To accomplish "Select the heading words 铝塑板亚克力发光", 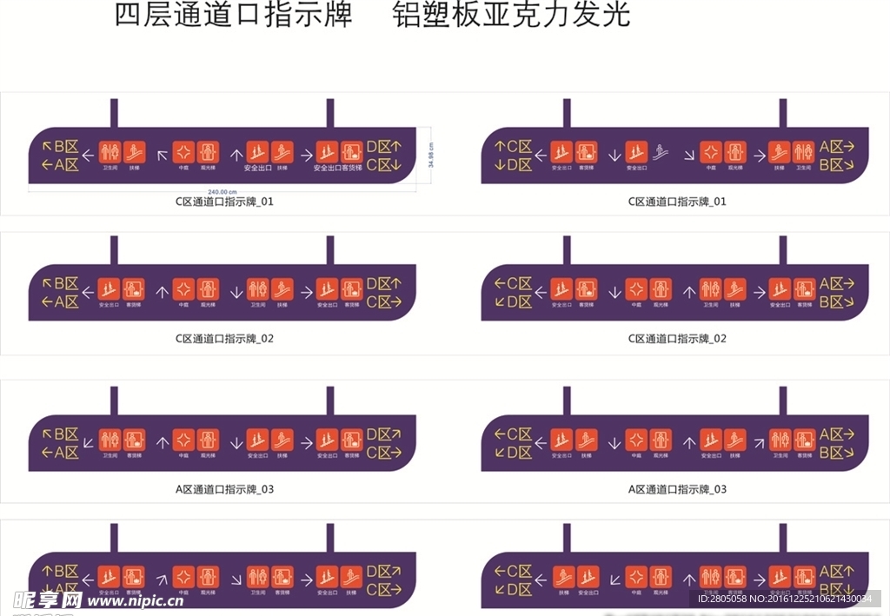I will (x=511, y=15).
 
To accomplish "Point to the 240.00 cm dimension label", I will (x=222, y=191).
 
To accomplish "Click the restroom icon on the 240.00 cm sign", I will (x=110, y=150).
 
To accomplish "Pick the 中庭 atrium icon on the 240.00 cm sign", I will (x=183, y=150).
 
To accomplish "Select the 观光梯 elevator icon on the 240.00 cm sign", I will (x=207, y=150).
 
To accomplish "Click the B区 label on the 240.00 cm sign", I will (x=66, y=146).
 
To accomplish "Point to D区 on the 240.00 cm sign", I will (x=379, y=146).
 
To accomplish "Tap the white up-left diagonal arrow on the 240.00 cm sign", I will (x=162, y=155).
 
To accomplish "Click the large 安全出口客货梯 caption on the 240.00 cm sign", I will (x=339, y=168).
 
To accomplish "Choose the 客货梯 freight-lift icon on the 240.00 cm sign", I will (x=351, y=150).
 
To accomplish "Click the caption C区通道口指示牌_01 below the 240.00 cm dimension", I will (x=224, y=202).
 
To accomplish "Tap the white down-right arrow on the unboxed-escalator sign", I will (x=688, y=155).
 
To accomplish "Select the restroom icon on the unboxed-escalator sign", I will (x=803, y=150).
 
